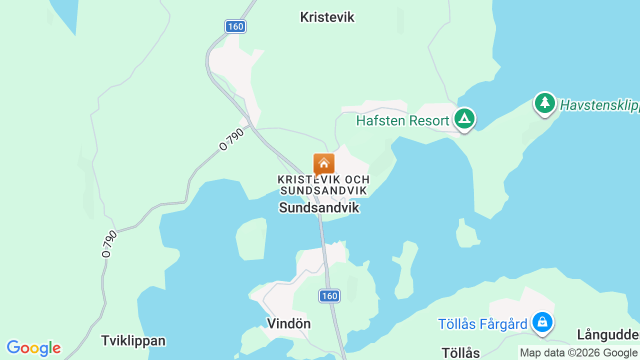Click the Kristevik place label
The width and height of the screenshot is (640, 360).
[327, 17]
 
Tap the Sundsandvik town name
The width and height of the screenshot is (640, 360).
[319, 207]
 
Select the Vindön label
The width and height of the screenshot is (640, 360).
[289, 323]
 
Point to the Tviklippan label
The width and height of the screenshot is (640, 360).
[133, 341]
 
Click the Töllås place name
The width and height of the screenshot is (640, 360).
[460, 353]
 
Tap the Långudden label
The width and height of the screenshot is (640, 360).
[608, 334]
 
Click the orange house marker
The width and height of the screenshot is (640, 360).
[324, 164]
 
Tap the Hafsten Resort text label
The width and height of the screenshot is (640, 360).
[402, 121]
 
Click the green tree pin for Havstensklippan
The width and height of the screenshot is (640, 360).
[544, 103]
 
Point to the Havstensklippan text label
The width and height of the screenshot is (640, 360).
[599, 105]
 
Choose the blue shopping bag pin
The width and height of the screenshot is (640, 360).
[542, 322]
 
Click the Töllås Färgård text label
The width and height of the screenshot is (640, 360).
[482, 324]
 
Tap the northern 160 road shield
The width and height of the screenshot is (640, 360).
[235, 26]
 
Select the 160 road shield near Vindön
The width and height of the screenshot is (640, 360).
[329, 296]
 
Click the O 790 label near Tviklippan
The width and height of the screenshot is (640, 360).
[109, 243]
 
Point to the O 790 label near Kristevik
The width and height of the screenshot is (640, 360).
[232, 139]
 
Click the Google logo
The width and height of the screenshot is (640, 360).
[33, 348]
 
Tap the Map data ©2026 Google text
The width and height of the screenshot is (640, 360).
[578, 353]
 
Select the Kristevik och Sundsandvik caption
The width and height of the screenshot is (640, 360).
[324, 185]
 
